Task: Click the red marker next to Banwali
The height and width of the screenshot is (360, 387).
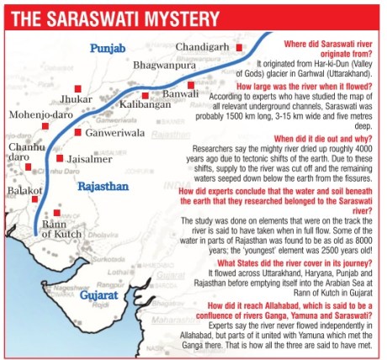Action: tap(192, 85)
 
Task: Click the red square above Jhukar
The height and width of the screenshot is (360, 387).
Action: tap(77, 87)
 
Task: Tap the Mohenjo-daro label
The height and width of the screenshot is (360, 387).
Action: tap(40, 114)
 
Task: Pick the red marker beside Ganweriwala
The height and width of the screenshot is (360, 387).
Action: tap(77, 132)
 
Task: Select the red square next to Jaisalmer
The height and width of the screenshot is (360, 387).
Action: tap(60, 157)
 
